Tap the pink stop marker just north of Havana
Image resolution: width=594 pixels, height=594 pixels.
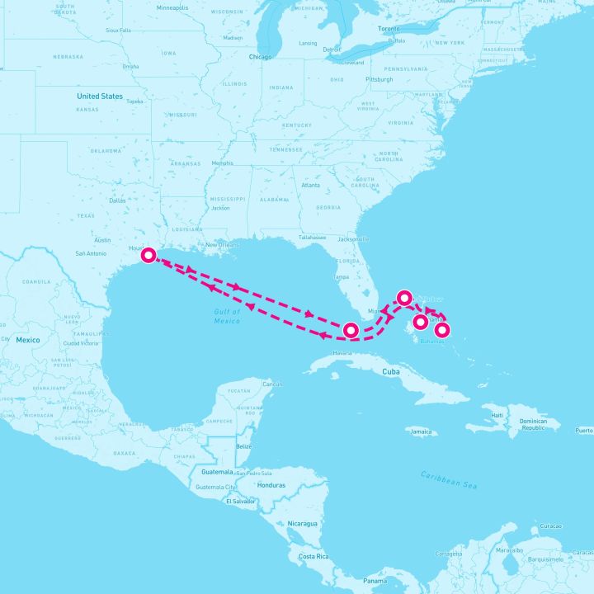click(351, 330)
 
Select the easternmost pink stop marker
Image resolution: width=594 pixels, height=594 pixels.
click(442, 330)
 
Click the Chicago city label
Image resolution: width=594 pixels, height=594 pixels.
click(260, 57)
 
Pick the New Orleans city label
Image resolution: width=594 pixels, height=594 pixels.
click(222, 244)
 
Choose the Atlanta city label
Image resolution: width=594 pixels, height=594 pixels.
click(310, 185)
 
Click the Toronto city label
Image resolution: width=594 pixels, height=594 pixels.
click(389, 28)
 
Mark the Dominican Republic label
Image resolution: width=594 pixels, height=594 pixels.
click(533, 424)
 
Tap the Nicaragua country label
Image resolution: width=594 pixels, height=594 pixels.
click(301, 523)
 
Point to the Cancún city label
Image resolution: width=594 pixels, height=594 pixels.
click(271, 384)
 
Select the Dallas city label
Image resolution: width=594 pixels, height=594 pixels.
click(117, 200)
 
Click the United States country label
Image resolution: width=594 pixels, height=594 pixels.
click(99, 96)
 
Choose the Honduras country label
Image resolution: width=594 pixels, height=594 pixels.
click(271, 485)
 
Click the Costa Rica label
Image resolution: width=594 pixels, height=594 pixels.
click(313, 557)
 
